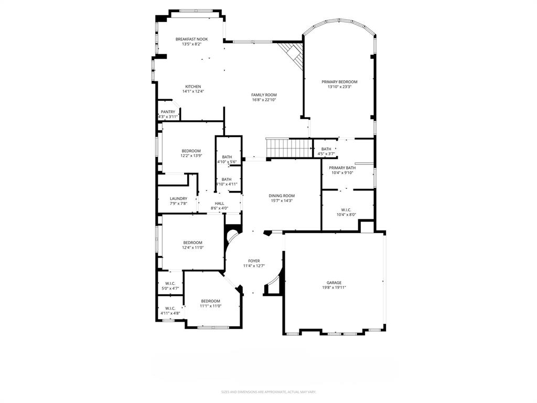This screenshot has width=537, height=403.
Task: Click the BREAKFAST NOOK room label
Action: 191,39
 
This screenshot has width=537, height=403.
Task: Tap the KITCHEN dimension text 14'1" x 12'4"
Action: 192,91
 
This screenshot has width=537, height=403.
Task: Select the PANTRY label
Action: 168,112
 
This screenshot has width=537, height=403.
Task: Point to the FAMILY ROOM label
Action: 264,95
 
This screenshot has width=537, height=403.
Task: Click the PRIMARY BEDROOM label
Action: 339,82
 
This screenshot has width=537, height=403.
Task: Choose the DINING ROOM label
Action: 282,196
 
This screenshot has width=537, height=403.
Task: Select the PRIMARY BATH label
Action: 342,168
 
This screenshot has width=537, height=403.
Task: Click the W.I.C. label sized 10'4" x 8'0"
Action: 346,210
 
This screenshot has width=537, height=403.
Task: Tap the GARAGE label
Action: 334,282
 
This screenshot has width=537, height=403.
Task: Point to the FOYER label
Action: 254,261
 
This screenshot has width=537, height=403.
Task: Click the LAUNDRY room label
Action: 178,199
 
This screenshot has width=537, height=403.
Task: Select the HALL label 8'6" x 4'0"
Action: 219,204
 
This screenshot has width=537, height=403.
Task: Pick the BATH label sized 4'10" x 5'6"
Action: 227,157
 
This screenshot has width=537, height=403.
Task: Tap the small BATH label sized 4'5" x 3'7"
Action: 326,149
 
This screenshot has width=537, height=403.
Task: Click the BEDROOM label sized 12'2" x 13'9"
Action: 191,151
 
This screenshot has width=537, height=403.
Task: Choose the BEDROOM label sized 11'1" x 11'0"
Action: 210,301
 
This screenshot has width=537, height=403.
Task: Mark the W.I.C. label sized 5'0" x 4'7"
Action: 170,283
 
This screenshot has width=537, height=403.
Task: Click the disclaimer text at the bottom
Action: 268,391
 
